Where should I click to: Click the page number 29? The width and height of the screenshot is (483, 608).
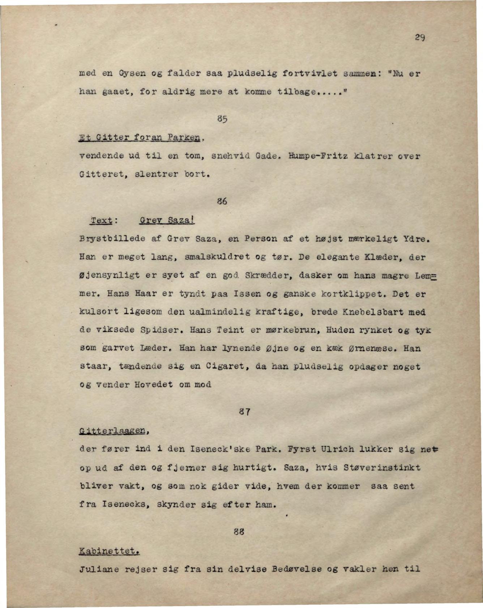coord(419,37)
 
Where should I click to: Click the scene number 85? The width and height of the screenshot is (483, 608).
coord(222,119)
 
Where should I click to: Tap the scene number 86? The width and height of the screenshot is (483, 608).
coord(222,201)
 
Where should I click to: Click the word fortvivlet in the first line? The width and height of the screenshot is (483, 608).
coord(310,74)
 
